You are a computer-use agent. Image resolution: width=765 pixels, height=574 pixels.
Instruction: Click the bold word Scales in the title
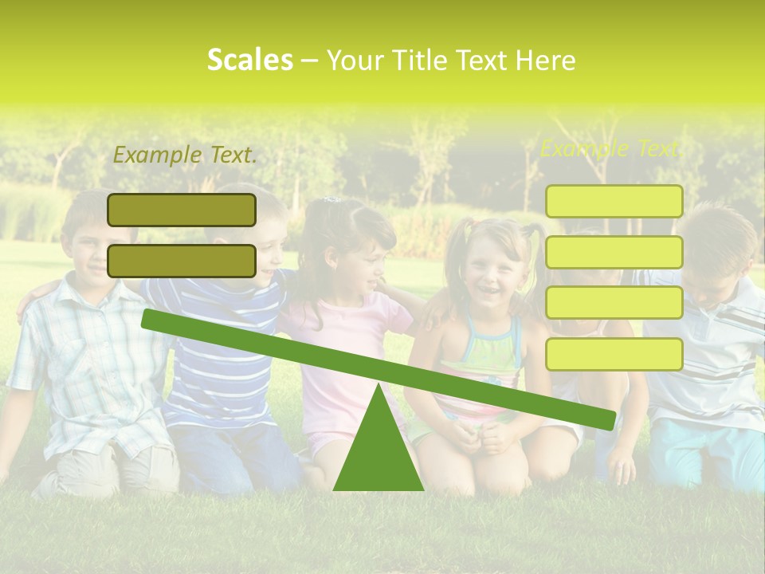point(249,60)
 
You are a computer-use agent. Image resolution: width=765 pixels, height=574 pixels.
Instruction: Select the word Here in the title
point(546,60)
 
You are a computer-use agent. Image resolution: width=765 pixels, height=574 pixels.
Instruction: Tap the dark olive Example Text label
point(185,155)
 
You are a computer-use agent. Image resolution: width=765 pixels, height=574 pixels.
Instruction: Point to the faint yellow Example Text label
point(612,148)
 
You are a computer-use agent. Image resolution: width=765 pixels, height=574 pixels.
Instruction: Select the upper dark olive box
point(182,210)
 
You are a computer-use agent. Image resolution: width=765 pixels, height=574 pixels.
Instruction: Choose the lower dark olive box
point(182,261)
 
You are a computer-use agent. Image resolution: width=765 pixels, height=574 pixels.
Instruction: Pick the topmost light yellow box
point(614,201)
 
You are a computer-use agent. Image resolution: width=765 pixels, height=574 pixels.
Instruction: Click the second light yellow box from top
point(614,252)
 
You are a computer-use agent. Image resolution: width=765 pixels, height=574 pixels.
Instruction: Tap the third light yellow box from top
point(614,303)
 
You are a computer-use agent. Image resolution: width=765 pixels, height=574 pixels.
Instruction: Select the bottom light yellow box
point(614,354)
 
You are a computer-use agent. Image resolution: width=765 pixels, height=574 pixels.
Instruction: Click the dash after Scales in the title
point(310,61)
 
